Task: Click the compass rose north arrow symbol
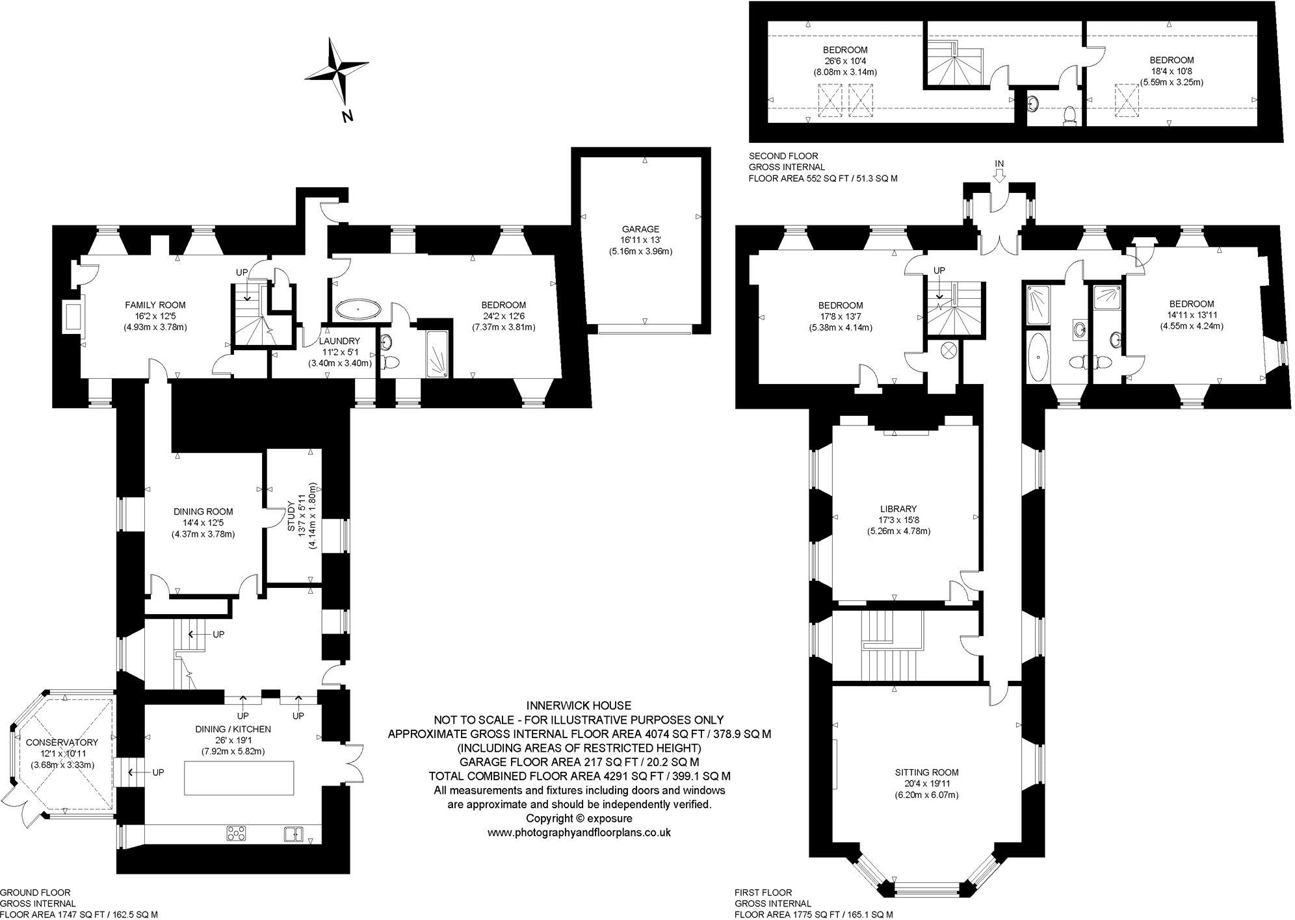click(338, 71)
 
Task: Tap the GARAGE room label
click(640, 229)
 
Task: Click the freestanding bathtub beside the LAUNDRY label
click(360, 310)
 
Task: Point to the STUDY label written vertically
click(292, 517)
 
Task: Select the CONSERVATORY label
click(62, 742)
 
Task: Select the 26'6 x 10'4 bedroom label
click(845, 61)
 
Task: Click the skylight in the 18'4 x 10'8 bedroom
click(1129, 101)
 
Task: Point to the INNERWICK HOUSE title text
click(579, 706)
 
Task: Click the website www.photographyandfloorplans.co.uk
click(579, 832)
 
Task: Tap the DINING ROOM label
click(203, 511)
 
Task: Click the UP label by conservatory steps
click(158, 773)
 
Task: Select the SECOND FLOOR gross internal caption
click(823, 167)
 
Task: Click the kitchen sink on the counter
click(294, 833)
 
